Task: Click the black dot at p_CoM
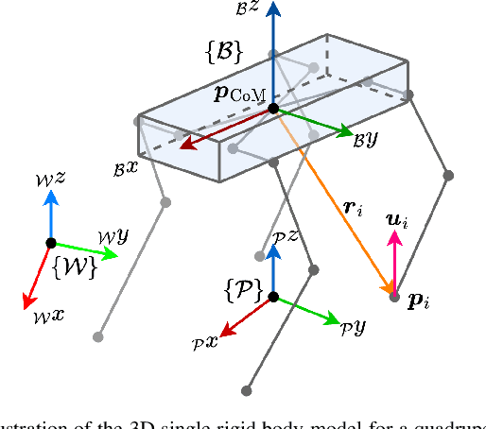point(273,109)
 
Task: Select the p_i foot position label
point(417,302)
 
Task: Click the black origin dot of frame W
point(51,243)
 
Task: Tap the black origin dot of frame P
point(273,297)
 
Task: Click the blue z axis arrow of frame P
point(273,269)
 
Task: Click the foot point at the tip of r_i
point(394,297)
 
